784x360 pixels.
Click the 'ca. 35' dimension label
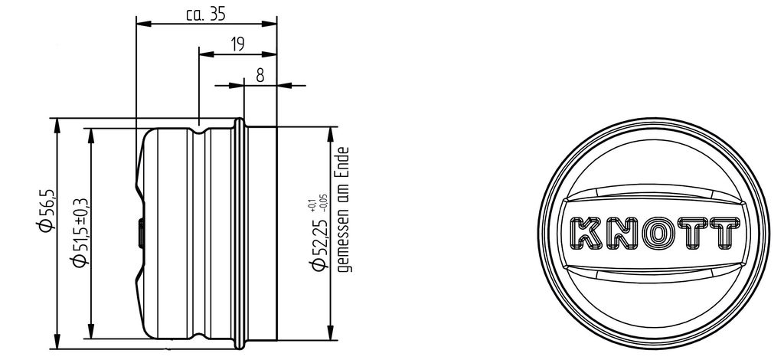tap(205, 15)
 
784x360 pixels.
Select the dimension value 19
tap(238, 44)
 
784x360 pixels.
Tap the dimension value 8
tap(260, 76)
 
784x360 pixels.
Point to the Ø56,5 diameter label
tap(45, 211)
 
